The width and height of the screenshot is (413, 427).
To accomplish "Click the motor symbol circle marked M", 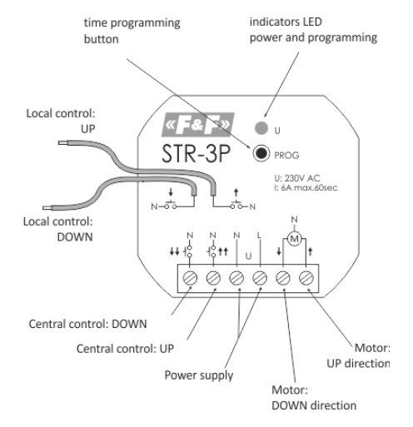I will pos(293,240).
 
